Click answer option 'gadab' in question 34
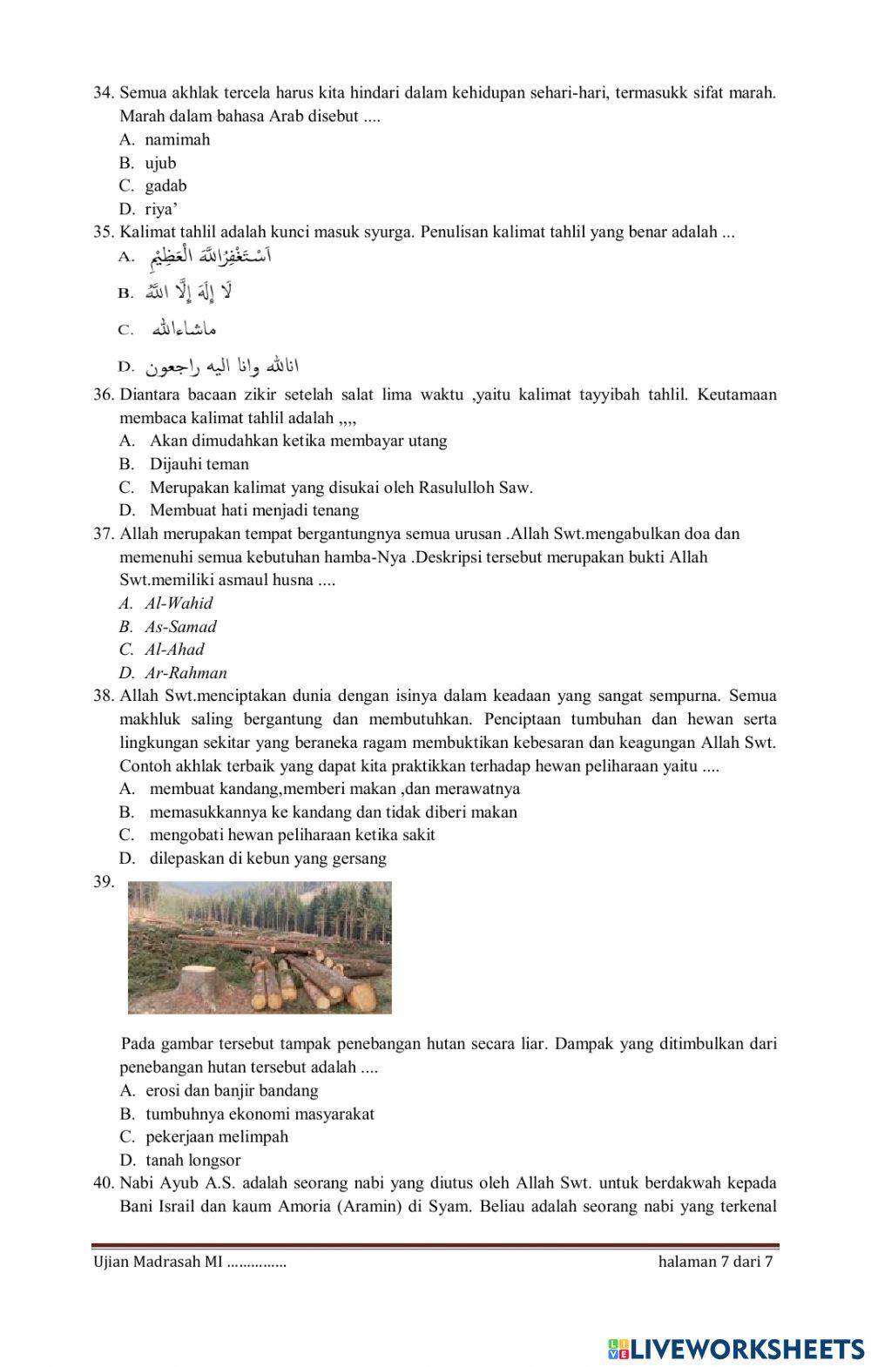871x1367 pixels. coord(165,185)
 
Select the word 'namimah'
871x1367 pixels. coord(177,139)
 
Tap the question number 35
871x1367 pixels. coord(104,232)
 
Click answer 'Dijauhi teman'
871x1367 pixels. coord(199,464)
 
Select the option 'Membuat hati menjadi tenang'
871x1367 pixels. coord(253,510)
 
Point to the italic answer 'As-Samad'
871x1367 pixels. coord(180,626)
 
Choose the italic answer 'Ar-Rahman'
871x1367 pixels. coord(186,672)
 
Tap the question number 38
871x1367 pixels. coord(104,696)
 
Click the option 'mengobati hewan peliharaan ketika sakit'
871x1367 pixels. coord(292,834)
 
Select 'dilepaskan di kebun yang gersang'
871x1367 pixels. coord(267,858)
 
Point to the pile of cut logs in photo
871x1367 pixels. coord(305,975)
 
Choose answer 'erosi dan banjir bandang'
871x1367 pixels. coord(232,1090)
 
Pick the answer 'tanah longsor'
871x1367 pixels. coord(192,1160)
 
